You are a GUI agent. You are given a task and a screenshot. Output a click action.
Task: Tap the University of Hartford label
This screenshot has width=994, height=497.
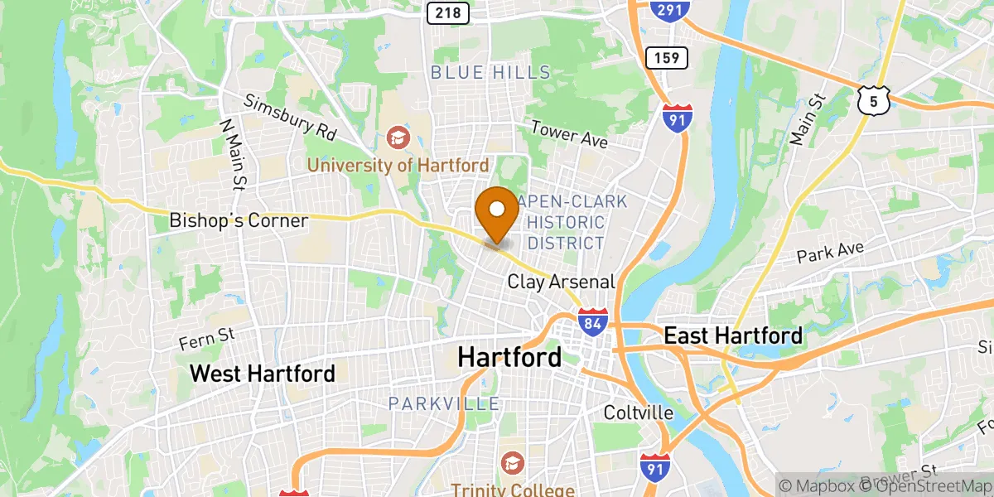(398, 165)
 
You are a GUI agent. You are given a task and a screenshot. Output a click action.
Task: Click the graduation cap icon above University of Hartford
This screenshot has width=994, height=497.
(398, 136)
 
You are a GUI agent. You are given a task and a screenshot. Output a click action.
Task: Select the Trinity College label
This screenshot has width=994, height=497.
(513, 490)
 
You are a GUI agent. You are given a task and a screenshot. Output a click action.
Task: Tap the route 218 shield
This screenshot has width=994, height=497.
(448, 12)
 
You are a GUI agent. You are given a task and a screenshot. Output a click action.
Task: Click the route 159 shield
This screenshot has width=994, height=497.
(666, 58)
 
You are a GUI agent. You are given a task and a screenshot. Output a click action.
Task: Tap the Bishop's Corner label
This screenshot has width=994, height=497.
(239, 220)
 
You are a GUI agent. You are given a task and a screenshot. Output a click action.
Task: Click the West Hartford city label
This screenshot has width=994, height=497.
(263, 373)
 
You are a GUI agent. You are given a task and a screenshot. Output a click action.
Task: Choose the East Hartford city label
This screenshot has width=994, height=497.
(733, 335)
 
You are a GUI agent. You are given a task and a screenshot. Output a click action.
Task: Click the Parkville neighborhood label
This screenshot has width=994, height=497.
(444, 404)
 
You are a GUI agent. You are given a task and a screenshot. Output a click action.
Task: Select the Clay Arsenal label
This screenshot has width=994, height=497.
(561, 282)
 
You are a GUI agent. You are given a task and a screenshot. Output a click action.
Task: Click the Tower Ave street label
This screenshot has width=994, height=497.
(569, 135)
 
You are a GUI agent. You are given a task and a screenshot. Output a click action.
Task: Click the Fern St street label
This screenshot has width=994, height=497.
(207, 337)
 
